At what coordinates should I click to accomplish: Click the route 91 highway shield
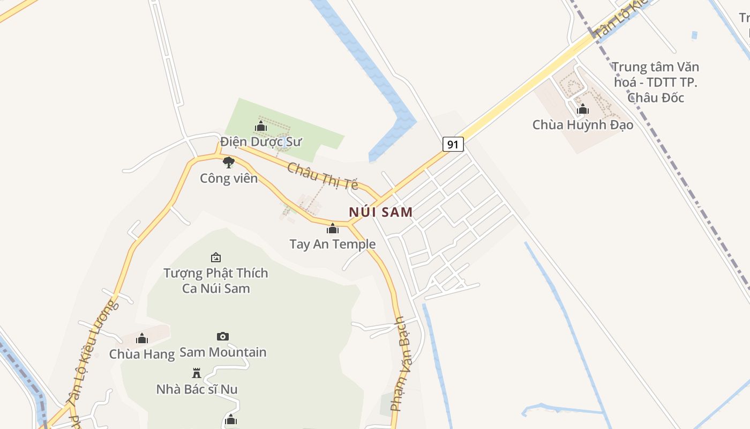coord(453,144)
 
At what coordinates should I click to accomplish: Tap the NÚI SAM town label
coord(381,212)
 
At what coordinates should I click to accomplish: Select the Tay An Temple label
coord(332,245)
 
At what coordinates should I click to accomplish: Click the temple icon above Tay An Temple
coord(333,229)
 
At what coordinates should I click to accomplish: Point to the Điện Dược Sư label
coord(261,142)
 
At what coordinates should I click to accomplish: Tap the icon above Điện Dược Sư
coord(261,127)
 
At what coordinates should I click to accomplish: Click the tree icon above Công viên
coord(229,162)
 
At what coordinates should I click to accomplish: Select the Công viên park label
coord(229,178)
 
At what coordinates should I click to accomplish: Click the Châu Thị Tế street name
coord(323,176)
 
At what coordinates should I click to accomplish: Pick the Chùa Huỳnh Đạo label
coord(583,125)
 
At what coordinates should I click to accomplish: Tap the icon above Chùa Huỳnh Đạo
coord(583,109)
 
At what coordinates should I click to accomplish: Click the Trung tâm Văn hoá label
coord(656,82)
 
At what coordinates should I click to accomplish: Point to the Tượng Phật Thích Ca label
coord(216,280)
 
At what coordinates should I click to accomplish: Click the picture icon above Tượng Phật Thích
coord(216,257)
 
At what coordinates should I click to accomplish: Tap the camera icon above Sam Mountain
coord(223,336)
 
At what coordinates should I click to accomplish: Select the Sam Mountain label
coord(223,352)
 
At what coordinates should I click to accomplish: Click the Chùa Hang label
coord(142,354)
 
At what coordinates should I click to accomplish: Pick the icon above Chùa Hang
coord(142,338)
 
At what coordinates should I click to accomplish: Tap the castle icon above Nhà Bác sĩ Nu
coord(197,373)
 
